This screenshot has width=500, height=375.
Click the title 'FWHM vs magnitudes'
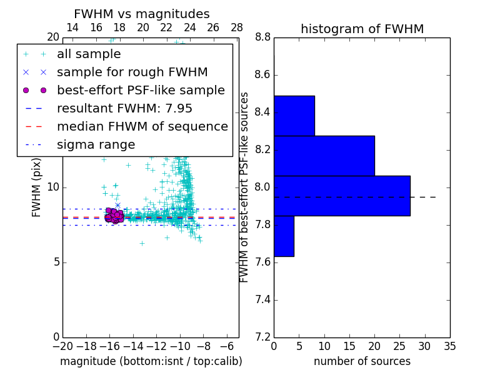141,14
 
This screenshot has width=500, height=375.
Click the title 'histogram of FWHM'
362,29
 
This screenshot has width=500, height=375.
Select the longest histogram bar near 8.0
342,196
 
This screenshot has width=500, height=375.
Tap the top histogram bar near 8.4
294,116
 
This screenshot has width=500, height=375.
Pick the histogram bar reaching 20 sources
324,156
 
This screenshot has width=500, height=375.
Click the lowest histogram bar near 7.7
284,236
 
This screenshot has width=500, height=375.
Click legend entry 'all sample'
89,54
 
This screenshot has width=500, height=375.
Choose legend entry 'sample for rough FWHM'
132,72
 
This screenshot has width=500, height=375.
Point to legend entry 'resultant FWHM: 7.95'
124,109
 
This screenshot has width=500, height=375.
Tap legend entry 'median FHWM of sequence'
142,127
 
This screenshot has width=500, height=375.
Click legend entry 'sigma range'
96,145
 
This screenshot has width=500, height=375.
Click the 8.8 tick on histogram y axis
262,37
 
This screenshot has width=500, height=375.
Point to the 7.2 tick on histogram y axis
262,337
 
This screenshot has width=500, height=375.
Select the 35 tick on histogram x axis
450,346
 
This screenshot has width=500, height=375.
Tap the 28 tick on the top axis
237,27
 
